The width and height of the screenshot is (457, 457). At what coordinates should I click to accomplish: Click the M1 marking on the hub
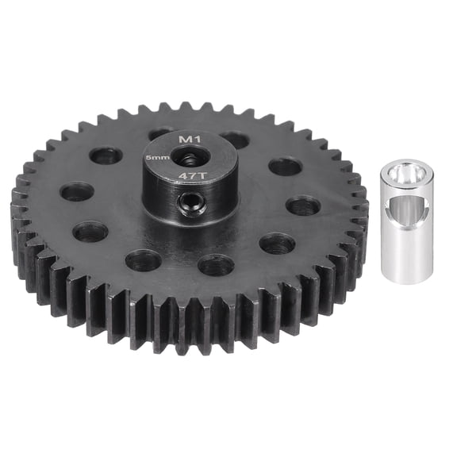(x=188, y=140)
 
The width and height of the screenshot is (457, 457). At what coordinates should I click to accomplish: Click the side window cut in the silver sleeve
(x=412, y=212)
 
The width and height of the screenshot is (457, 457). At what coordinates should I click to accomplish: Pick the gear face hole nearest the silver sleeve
(x=303, y=206)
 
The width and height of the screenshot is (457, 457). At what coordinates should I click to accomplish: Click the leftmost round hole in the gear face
(x=76, y=191)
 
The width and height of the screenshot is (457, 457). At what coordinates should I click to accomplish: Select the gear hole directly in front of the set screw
(x=215, y=265)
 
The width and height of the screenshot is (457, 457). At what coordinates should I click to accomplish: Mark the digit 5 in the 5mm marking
(x=148, y=159)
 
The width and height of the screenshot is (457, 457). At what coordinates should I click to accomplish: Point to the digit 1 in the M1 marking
(x=194, y=140)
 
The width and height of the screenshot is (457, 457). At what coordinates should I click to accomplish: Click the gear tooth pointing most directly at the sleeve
(x=362, y=208)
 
